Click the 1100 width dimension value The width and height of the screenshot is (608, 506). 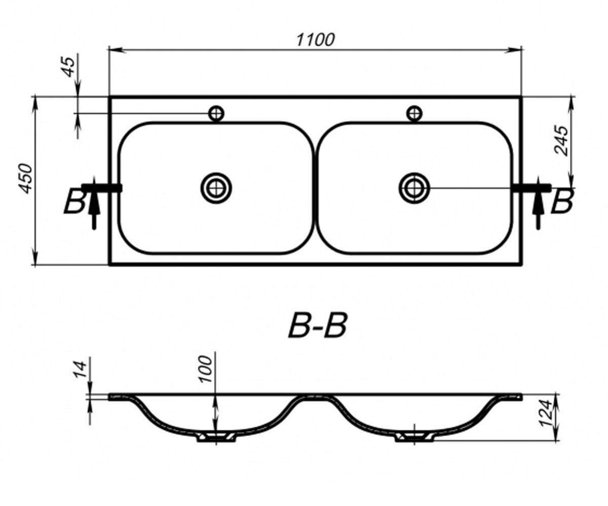tap(316, 40)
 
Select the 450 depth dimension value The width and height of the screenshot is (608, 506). tap(26, 179)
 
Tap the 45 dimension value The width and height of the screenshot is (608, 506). tap(69, 67)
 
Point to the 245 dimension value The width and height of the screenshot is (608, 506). tap(561, 141)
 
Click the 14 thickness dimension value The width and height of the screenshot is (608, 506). tap(80, 369)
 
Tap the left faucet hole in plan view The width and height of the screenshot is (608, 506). tap(216, 113)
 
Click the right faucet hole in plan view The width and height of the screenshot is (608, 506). tap(414, 113)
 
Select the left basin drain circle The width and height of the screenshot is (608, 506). tap(216, 188)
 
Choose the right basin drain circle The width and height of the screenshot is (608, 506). tap(414, 188)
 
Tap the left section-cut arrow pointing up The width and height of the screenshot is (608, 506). tap(94, 203)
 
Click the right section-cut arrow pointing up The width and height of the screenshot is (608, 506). tap(539, 203)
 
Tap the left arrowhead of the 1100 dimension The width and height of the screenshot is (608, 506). tap(117, 50)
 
